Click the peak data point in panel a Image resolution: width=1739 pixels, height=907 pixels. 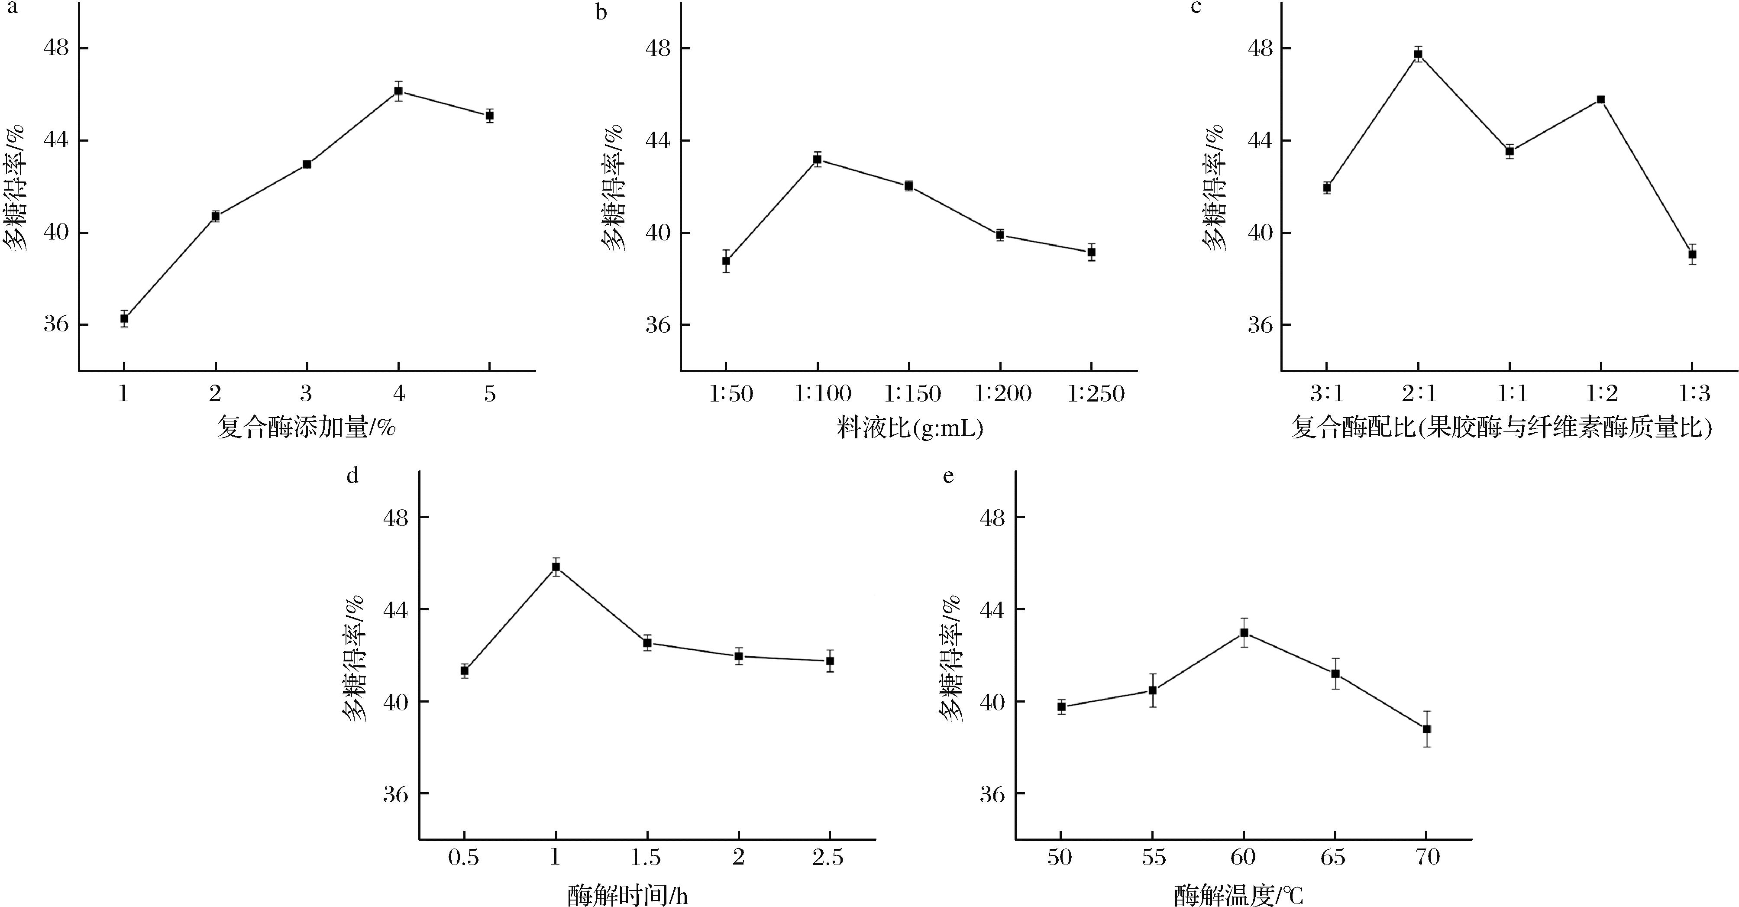pos(398,91)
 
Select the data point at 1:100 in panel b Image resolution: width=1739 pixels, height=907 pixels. pos(817,159)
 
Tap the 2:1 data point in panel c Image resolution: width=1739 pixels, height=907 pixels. pos(1418,54)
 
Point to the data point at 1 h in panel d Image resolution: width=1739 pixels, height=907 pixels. pos(556,567)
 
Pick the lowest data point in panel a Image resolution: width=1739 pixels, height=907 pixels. pos(124,318)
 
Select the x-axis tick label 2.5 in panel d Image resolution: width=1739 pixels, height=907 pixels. pos(828,857)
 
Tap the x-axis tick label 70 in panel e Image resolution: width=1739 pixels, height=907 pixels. pos(1426,857)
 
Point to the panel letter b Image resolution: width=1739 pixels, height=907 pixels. pos(601,12)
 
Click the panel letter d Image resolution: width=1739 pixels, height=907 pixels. pos(352,476)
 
